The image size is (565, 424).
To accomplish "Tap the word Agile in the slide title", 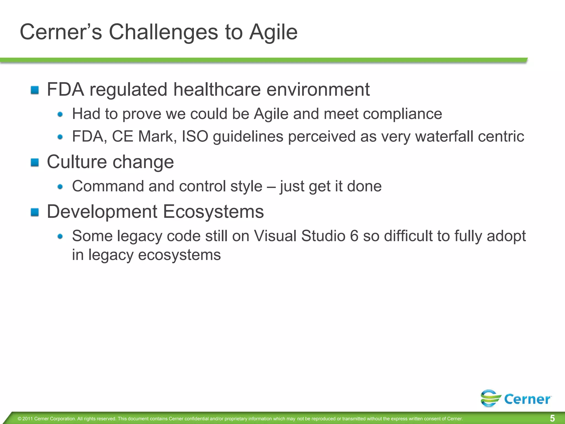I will click(273, 32).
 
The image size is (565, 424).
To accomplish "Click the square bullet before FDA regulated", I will click(35, 90).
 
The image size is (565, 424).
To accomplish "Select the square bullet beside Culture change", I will click(35, 162).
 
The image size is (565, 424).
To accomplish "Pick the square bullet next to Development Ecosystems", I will click(35, 212).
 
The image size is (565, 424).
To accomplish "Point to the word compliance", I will click(403, 114).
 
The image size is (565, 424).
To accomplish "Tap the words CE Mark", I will click(144, 136).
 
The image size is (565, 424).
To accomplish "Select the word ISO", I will click(195, 136).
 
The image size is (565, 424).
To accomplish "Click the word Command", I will click(108, 186).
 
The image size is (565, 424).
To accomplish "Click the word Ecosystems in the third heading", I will click(213, 212).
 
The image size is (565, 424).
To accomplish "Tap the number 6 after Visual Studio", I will click(354, 236).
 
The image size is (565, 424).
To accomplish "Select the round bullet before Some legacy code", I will click(60, 236).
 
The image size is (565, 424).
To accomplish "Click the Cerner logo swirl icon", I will click(491, 398).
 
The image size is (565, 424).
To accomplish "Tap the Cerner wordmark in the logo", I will click(527, 399).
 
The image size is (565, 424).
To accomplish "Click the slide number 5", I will click(552, 418).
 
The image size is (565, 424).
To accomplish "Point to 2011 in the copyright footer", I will click(28, 419).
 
